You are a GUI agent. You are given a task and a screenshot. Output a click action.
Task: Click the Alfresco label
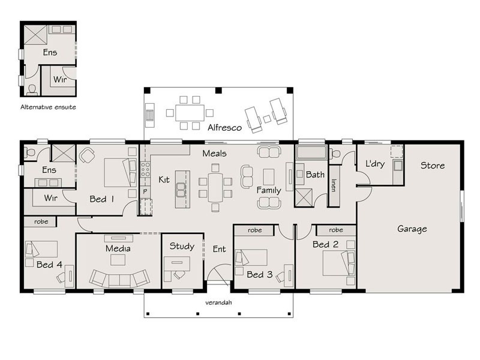(224, 127)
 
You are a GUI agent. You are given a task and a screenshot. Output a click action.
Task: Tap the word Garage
(412, 229)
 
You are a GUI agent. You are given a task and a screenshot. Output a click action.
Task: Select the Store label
(433, 166)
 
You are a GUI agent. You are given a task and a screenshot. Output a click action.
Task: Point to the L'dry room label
(375, 164)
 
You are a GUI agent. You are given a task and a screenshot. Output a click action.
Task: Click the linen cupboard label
(334, 185)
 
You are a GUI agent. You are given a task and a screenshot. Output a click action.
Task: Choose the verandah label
(218, 302)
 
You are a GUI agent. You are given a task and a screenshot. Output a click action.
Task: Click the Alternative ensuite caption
(48, 107)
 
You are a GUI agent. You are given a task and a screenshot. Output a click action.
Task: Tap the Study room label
(182, 247)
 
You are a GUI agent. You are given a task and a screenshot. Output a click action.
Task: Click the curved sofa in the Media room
(119, 278)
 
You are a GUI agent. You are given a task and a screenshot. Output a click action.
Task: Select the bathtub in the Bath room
(311, 152)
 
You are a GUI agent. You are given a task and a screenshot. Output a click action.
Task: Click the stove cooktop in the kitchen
(145, 170)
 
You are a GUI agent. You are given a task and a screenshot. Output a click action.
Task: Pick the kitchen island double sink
(181, 190)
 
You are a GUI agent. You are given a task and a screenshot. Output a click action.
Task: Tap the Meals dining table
(215, 188)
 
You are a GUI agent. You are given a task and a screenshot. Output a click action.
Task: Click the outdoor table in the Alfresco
(190, 113)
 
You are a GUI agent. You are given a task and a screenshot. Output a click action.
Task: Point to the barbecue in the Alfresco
(149, 115)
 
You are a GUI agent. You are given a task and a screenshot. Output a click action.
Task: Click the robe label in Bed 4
(41, 221)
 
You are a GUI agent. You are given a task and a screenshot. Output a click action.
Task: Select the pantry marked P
(145, 191)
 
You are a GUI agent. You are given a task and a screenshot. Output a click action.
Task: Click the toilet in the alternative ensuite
(32, 89)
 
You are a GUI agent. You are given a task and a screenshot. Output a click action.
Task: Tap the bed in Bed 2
(339, 263)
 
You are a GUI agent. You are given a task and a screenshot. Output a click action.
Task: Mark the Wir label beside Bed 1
(50, 198)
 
